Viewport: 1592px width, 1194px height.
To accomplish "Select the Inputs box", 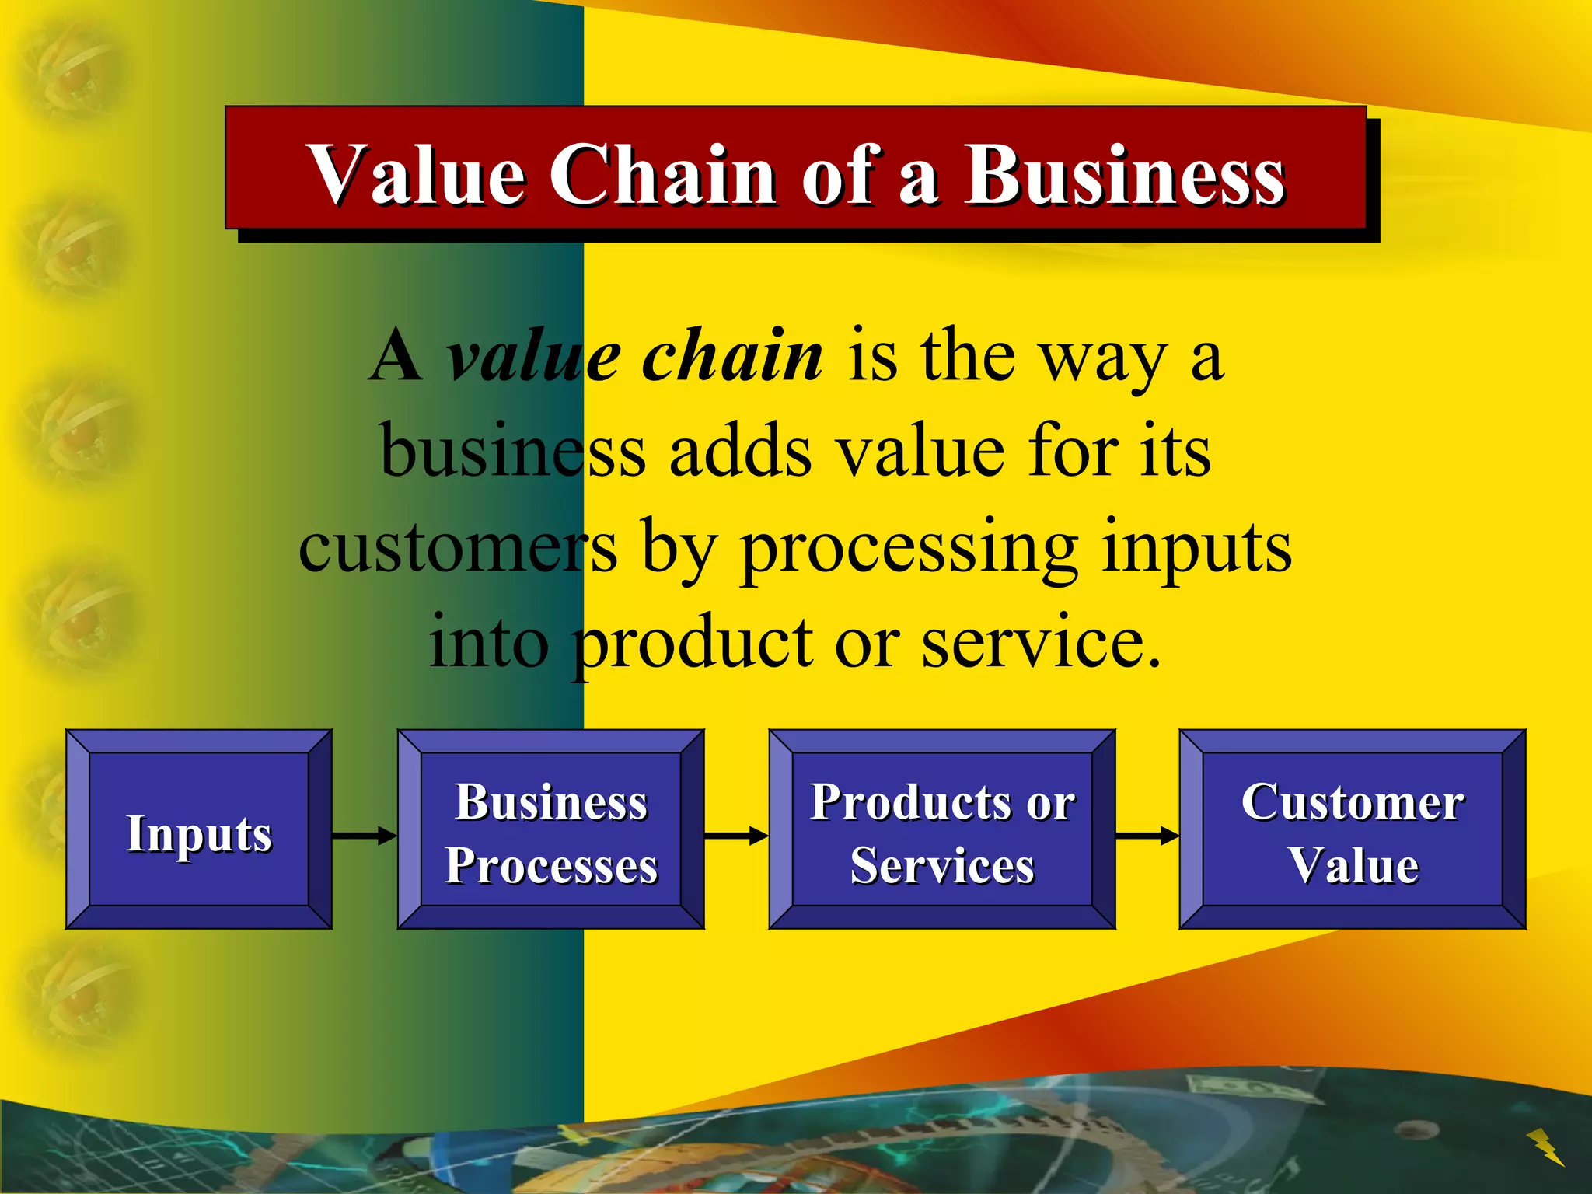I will (x=199, y=830).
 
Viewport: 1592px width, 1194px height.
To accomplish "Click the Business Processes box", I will (x=551, y=830).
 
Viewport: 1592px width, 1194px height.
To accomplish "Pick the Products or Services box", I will (x=942, y=830).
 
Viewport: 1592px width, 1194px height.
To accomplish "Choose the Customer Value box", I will (x=1353, y=830).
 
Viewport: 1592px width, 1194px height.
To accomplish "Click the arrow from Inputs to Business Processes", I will (x=364, y=836).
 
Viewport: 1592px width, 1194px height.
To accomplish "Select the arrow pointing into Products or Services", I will (x=736, y=836).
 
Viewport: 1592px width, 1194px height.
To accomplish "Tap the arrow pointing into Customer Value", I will (x=1147, y=836).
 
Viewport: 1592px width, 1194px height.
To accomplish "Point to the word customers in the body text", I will (x=459, y=549).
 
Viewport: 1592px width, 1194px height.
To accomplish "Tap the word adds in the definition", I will (x=740, y=452).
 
